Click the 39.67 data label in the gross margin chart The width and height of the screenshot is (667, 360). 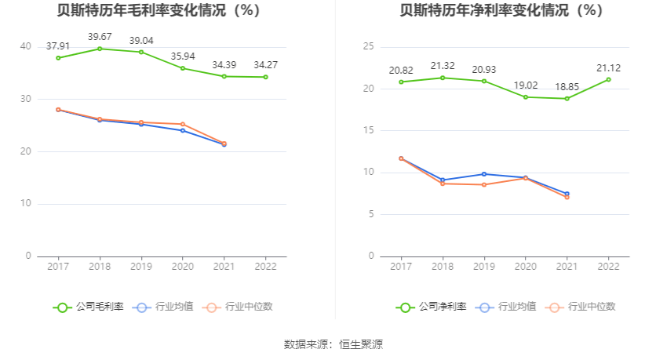pos(100,37)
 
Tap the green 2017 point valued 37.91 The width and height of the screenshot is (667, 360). pos(58,58)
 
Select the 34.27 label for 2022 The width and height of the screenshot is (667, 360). pos(266,64)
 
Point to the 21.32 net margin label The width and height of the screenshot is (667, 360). pos(443,65)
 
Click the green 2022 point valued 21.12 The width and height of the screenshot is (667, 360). pos(608,79)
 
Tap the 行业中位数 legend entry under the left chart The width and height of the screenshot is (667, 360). pos(239,307)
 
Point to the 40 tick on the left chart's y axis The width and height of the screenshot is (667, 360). pos(26,47)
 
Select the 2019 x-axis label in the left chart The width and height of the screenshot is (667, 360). pos(141,267)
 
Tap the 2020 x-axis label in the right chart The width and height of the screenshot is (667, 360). pos(525,267)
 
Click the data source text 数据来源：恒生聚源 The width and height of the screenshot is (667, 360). pos(333,344)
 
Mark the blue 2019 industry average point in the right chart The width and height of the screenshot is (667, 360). pos(483,174)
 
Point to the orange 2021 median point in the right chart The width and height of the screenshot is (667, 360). pos(567,197)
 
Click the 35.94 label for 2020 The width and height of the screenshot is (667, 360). pos(183,56)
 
